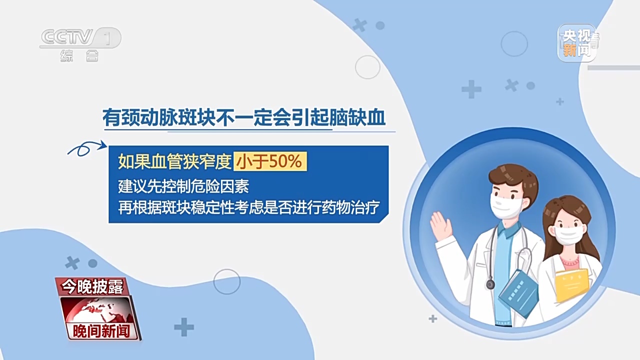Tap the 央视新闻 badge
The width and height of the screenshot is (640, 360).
click(x=577, y=43)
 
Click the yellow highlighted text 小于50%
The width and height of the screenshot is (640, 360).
click(x=270, y=161)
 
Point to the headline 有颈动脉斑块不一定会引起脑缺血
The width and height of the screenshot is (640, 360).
click(x=244, y=117)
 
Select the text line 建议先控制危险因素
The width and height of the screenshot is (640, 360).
click(x=183, y=186)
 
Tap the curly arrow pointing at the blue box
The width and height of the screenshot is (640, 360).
click(x=87, y=148)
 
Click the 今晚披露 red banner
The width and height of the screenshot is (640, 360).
click(x=92, y=286)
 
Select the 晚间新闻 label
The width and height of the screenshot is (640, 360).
click(x=101, y=331)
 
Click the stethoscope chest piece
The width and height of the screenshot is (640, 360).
click(x=490, y=284)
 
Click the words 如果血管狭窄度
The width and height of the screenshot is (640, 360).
click(x=174, y=161)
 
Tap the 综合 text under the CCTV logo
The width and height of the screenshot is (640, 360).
click(x=79, y=56)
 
